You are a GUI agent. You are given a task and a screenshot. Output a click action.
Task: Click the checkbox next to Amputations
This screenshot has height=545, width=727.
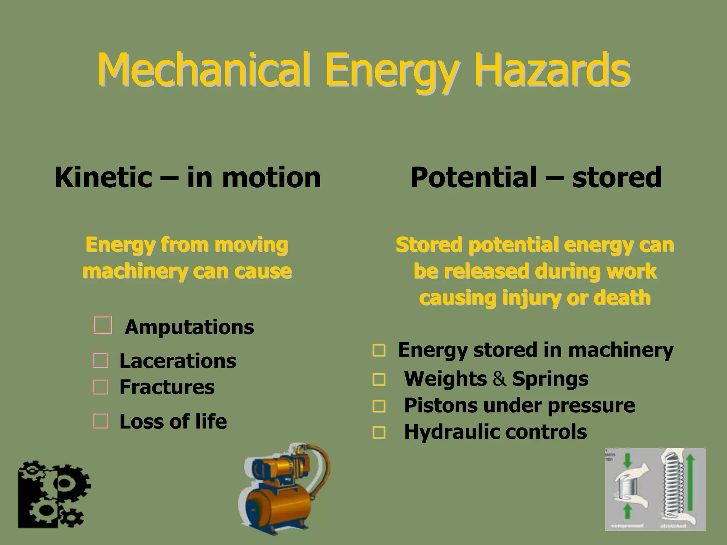pos(103,325)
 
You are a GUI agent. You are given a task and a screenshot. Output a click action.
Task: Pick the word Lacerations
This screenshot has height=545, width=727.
pos(177,361)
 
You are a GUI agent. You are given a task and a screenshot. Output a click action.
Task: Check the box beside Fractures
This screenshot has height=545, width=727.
pos(100,386)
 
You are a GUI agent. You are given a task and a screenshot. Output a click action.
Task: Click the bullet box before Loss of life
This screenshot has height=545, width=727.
pos(100,421)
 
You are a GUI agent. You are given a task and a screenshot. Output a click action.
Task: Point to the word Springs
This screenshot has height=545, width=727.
pos(550,379)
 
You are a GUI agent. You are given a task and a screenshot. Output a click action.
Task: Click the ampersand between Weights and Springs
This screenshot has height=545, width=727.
pos(499,379)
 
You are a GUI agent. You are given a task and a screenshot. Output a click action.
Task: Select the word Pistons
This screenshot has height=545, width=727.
pos(441,405)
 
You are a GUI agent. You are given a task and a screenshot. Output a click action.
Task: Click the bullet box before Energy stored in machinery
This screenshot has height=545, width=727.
pos(379,350)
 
